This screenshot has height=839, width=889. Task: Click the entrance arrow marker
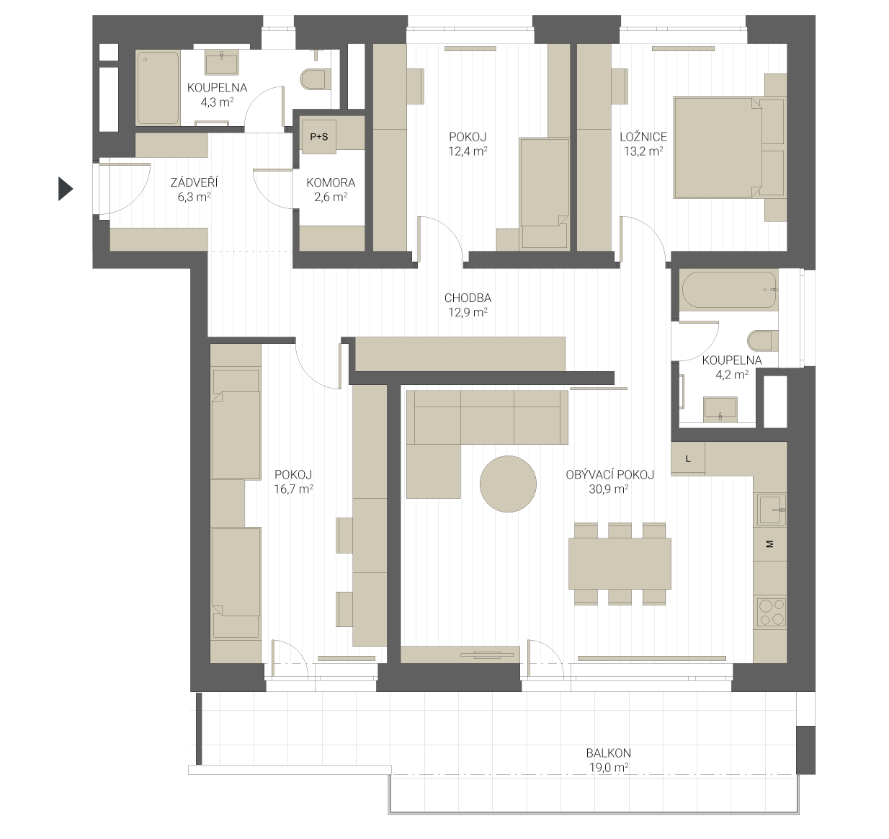pyautogui.click(x=65, y=189)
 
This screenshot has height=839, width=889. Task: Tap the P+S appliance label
pyautogui.click(x=318, y=137)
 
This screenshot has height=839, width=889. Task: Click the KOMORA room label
pyautogui.click(x=331, y=182)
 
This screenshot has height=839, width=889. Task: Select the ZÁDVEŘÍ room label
pyautogui.click(x=194, y=182)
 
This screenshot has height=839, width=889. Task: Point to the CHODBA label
pyautogui.click(x=468, y=298)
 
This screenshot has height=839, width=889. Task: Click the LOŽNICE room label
pyautogui.click(x=643, y=137)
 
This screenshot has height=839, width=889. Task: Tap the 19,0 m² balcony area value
pyautogui.click(x=608, y=768)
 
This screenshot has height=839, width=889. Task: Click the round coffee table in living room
pyautogui.click(x=508, y=484)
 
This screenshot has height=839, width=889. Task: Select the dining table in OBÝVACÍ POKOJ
pyautogui.click(x=620, y=564)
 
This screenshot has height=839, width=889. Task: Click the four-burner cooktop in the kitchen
pyautogui.click(x=772, y=613)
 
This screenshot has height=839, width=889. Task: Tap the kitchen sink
pyautogui.click(x=772, y=510)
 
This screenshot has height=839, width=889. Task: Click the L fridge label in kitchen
pyautogui.click(x=688, y=458)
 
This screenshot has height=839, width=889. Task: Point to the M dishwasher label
pyautogui.click(x=770, y=543)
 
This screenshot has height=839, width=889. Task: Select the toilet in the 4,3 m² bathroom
pyautogui.click(x=316, y=80)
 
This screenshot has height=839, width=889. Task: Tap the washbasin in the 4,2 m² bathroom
pyautogui.click(x=720, y=409)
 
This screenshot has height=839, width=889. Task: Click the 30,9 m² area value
pyautogui.click(x=608, y=489)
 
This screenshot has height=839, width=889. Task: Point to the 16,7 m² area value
pyautogui.click(x=293, y=489)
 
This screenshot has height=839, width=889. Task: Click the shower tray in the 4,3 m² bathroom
pyautogui.click(x=158, y=87)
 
